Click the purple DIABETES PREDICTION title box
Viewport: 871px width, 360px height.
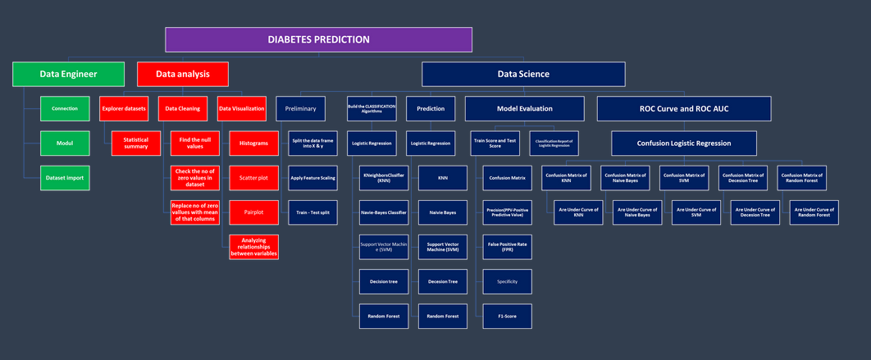318,39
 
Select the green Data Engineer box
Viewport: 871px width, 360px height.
68,74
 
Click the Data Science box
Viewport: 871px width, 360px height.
523,74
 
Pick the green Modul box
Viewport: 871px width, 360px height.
65,144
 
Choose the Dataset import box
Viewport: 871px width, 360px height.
65,178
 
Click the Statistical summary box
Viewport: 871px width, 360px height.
136,144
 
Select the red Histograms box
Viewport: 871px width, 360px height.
253,144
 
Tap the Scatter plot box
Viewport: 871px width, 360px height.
253,178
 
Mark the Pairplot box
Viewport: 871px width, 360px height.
253,212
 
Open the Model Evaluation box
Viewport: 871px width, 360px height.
524,108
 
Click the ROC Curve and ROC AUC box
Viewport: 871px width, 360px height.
683,108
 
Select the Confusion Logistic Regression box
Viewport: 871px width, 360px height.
683,144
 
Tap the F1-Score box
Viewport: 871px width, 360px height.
507,316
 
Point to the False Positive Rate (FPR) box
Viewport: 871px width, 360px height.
507,247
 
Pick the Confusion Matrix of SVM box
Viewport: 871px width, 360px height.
683,178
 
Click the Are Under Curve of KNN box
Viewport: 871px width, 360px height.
578,212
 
